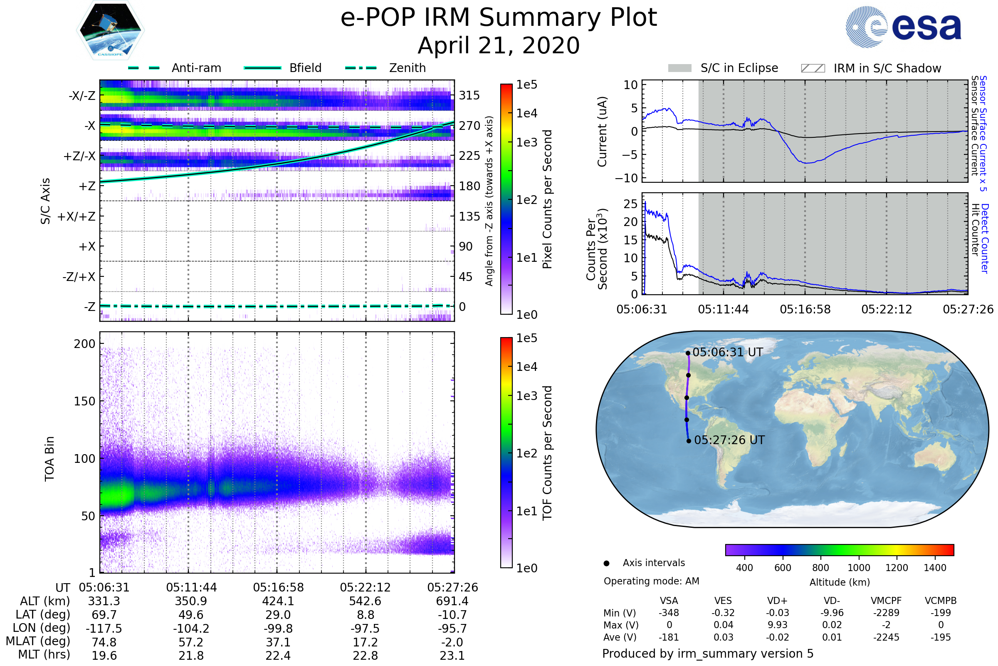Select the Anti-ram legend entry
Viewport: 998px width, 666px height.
click(196, 68)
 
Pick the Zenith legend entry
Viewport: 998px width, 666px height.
click(407, 68)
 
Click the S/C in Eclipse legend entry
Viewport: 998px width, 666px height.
click(739, 68)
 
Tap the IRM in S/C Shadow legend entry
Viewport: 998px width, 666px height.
click(887, 68)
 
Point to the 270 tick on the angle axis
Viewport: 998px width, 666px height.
click(469, 126)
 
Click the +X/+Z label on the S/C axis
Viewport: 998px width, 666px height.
click(77, 216)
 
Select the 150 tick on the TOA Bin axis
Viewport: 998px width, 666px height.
click(84, 401)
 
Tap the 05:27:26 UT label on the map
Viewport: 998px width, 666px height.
click(729, 440)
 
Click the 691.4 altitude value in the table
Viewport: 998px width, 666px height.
click(452, 601)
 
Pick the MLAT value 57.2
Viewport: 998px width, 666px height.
click(191, 642)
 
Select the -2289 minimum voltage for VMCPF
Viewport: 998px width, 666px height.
click(886, 613)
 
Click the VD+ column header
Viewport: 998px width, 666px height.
click(777, 601)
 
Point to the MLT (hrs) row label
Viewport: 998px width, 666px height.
click(44, 654)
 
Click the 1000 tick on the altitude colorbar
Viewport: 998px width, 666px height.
click(858, 568)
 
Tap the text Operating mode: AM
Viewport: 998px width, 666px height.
click(651, 581)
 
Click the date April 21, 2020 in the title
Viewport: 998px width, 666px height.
click(499, 45)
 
